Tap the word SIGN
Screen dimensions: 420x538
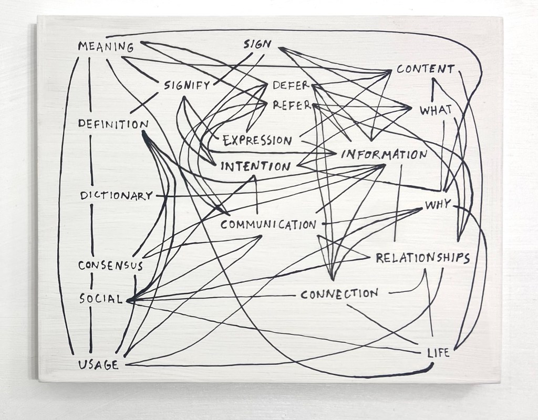(257, 44)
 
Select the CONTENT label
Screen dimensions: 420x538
(425, 69)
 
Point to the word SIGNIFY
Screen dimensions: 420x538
(187, 86)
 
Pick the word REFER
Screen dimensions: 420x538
(292, 105)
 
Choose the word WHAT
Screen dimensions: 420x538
(436, 111)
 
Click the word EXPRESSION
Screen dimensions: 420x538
(257, 140)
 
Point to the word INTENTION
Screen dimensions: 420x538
(255, 167)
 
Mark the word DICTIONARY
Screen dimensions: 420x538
(116, 196)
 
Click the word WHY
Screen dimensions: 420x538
(438, 205)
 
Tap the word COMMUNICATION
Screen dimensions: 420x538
(268, 225)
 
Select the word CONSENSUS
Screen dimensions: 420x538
(110, 265)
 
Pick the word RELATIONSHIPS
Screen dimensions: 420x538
(422, 257)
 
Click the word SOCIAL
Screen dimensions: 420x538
(101, 299)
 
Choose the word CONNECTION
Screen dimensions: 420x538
(339, 294)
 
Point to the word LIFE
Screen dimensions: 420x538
(438, 353)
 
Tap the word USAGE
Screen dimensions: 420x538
(98, 365)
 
